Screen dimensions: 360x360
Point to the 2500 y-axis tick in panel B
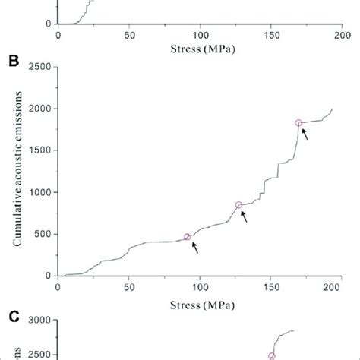point(39,67)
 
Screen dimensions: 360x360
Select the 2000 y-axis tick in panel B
point(39,109)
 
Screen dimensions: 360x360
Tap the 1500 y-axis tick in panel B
point(39,150)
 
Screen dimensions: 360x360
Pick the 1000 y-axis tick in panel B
point(39,192)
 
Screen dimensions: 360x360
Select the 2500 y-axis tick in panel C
point(39,355)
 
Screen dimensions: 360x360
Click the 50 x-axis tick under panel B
point(129,287)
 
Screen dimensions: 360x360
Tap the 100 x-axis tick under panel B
point(200,287)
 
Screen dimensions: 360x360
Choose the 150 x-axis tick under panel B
point(271,287)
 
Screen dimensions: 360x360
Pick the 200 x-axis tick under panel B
point(342,287)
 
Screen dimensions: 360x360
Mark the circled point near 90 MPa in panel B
point(188,237)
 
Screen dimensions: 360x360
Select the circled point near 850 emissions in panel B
point(238,205)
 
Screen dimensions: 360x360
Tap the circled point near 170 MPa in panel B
point(298,123)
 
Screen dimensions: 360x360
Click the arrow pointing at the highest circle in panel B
point(305,135)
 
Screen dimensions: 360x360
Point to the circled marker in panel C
point(271,355)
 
